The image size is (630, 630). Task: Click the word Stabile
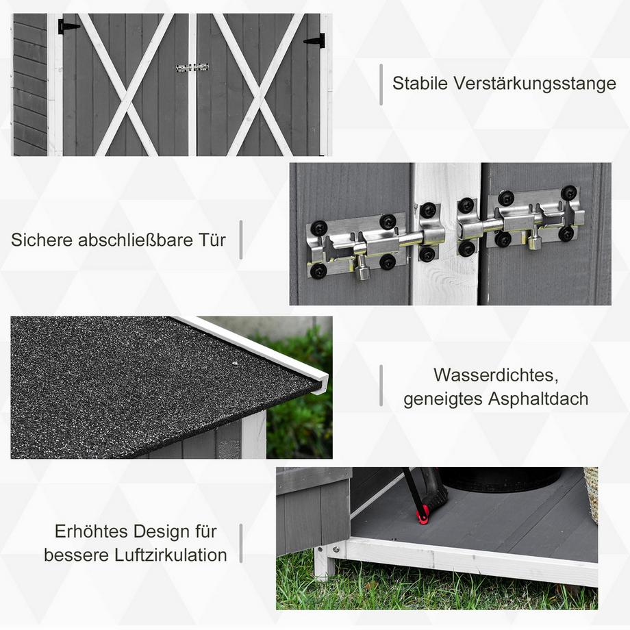[x=420, y=84]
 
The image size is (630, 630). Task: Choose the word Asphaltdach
[x=538, y=399]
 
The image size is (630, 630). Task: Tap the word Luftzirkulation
[x=171, y=555]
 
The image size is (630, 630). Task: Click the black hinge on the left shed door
[x=68, y=27]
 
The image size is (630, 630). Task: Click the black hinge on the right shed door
[x=315, y=40]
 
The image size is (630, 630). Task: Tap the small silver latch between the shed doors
[x=192, y=68]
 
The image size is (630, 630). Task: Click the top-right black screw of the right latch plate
[x=569, y=193]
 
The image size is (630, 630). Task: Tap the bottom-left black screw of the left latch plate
[x=318, y=271]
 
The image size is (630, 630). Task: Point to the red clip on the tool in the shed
[x=423, y=518]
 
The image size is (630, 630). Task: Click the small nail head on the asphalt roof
[x=235, y=363]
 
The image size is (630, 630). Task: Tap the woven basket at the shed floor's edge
[x=592, y=494]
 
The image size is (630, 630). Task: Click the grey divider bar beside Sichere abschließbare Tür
[x=240, y=240]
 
